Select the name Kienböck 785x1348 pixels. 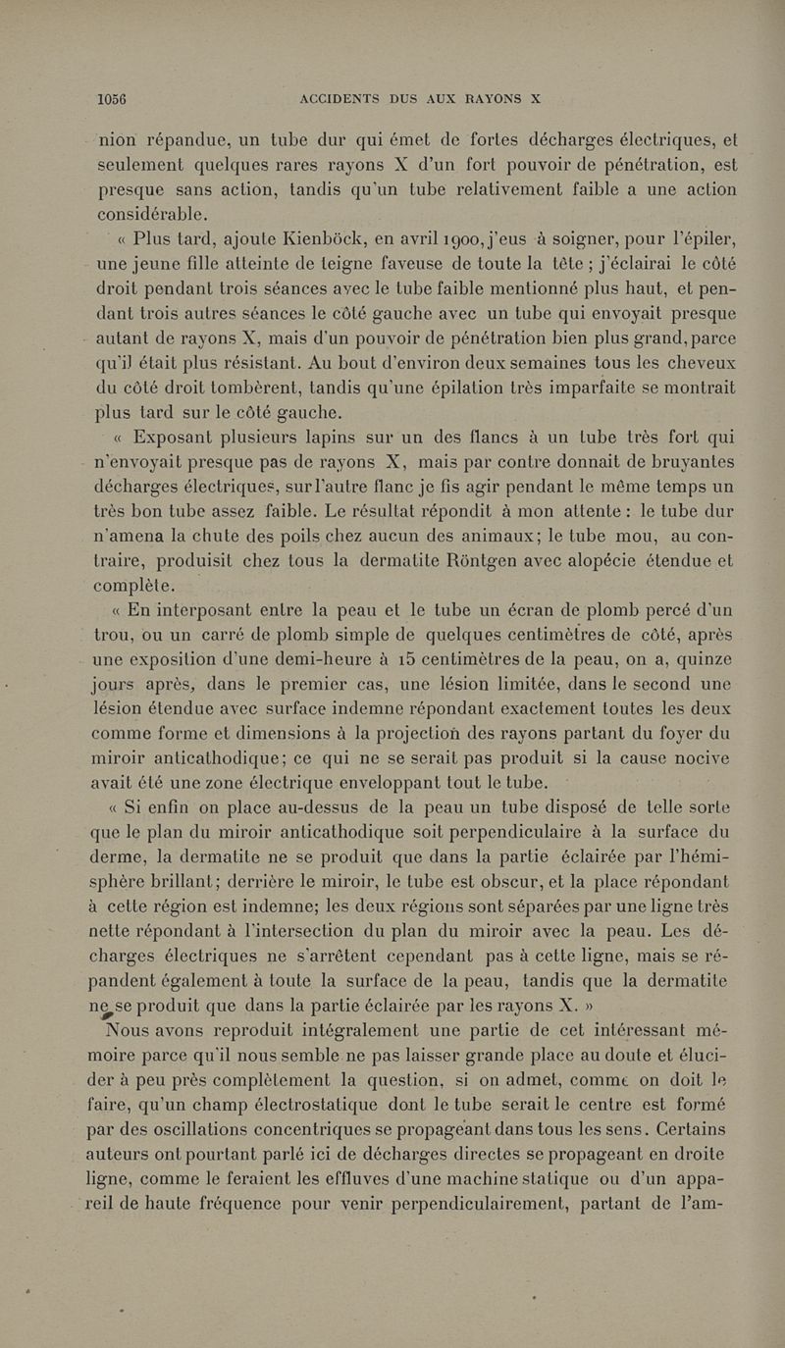point(316,241)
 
